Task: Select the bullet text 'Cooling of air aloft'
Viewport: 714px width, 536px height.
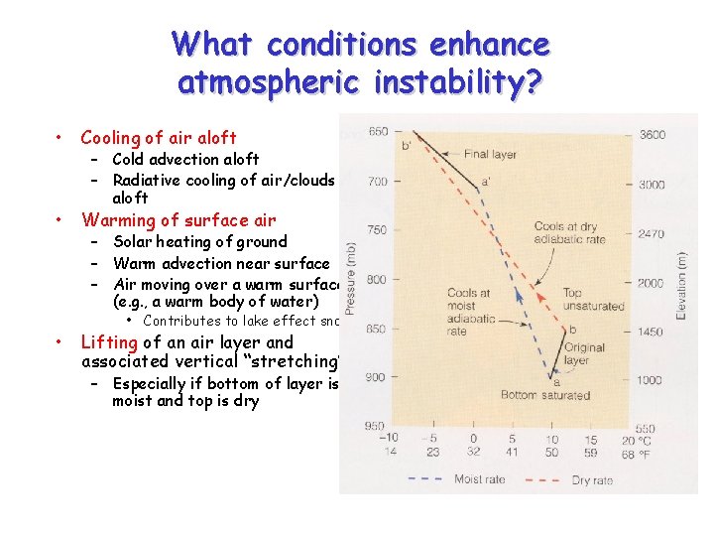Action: click(x=159, y=138)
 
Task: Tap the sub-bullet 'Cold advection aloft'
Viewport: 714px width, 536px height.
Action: click(x=185, y=159)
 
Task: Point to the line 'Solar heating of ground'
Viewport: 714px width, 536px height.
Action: click(x=200, y=242)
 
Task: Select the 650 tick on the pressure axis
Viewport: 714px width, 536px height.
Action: click(x=378, y=132)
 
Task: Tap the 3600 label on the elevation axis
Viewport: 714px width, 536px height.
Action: click(x=652, y=135)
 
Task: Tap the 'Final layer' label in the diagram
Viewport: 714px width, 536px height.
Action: click(x=490, y=154)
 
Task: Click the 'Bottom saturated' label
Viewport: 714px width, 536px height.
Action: click(x=545, y=395)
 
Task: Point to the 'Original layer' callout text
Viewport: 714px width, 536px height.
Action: click(x=584, y=354)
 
